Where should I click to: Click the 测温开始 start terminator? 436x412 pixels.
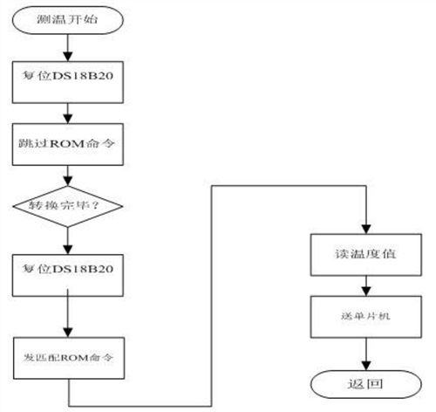68,20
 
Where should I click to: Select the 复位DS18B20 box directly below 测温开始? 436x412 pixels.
68,82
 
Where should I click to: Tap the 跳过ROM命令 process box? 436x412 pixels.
68,144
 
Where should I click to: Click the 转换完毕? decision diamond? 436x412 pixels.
68,206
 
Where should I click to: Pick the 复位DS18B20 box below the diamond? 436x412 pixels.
68,275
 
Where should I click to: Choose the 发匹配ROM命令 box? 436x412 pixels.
69,358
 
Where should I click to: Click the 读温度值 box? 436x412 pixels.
366,255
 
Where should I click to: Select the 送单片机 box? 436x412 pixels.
366,317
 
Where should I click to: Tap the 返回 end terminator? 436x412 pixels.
366,384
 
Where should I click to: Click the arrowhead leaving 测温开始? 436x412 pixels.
68,57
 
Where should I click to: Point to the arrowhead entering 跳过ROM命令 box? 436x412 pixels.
68,119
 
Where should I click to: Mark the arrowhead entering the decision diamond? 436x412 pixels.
68,182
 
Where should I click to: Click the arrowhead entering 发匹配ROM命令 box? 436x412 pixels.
68,333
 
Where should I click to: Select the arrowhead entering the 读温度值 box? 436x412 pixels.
366,230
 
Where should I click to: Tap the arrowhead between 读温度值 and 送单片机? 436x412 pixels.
366,292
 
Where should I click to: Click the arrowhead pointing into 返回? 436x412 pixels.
366,366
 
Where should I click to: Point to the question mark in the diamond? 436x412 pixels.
95,206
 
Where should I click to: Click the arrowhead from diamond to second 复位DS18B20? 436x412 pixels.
68,250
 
